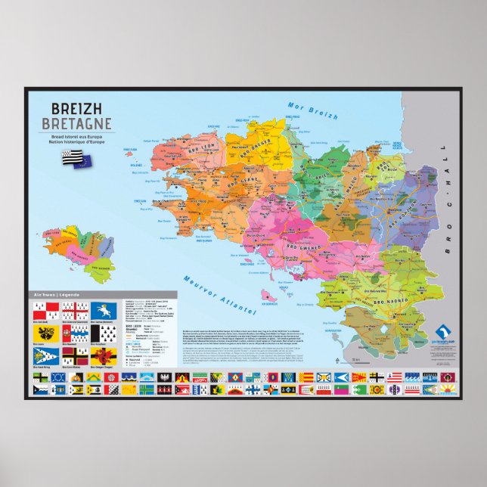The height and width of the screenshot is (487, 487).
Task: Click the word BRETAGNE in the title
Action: pyautogui.click(x=77, y=123)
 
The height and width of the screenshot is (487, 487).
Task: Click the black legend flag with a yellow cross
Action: pyautogui.click(x=73, y=355)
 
